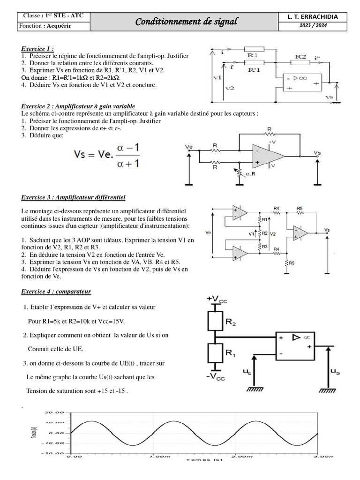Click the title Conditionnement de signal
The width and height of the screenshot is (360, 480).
pyautogui.click(x=186, y=22)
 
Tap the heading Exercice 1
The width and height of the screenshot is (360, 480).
pyautogui.click(x=37, y=48)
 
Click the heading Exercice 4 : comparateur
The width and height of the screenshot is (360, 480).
pyautogui.click(x=56, y=292)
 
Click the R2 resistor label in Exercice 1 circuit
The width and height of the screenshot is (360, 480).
pyautogui.click(x=300, y=56)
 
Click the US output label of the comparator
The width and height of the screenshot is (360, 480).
pyautogui.click(x=335, y=371)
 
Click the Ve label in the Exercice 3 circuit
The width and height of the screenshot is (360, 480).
pyautogui.click(x=208, y=232)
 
